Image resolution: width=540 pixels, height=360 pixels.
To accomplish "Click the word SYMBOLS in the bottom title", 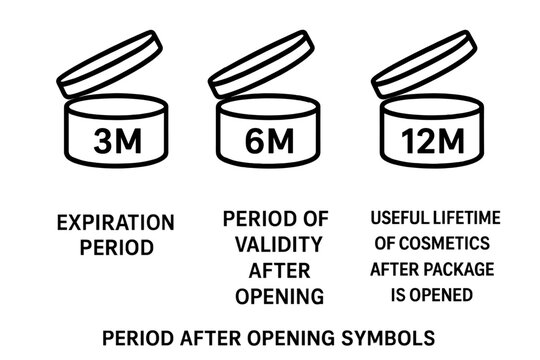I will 387,333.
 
